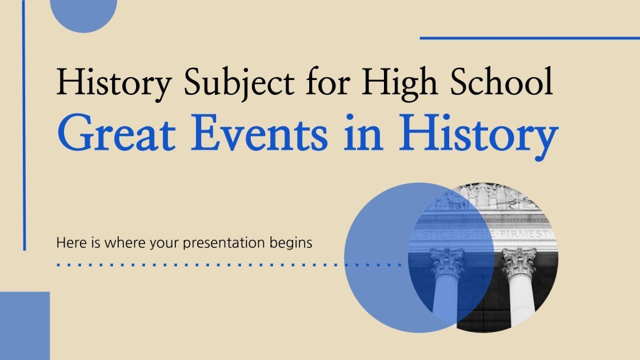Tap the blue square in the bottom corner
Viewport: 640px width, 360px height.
tap(25, 325)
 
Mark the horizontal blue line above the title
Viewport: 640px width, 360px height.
tap(529, 38)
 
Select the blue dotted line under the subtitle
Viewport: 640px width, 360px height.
tap(229, 265)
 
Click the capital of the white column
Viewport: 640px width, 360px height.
tap(519, 262)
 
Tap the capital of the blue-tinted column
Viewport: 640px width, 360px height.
tap(447, 263)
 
